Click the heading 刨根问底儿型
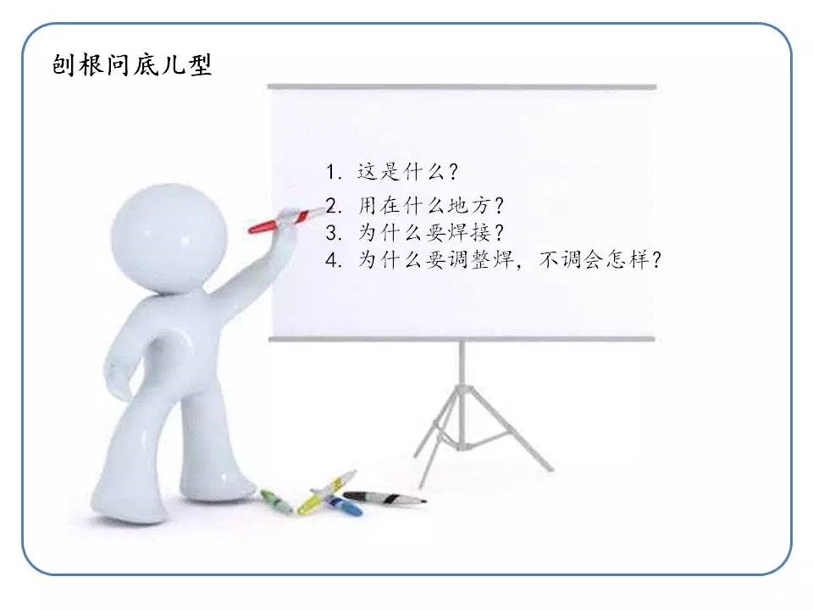[132, 65]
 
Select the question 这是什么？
[407, 171]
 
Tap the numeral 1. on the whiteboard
[334, 172]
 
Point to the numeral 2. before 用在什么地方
[334, 206]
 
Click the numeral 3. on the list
[334, 232]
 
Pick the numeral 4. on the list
[334, 259]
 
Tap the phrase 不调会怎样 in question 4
[594, 259]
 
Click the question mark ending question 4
[656, 260]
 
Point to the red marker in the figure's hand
[285, 219]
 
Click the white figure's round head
[169, 236]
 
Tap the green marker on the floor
[276, 501]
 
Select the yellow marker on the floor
[326, 491]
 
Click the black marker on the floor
[384, 498]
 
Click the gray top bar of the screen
[462, 87]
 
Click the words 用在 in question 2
[379, 206]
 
